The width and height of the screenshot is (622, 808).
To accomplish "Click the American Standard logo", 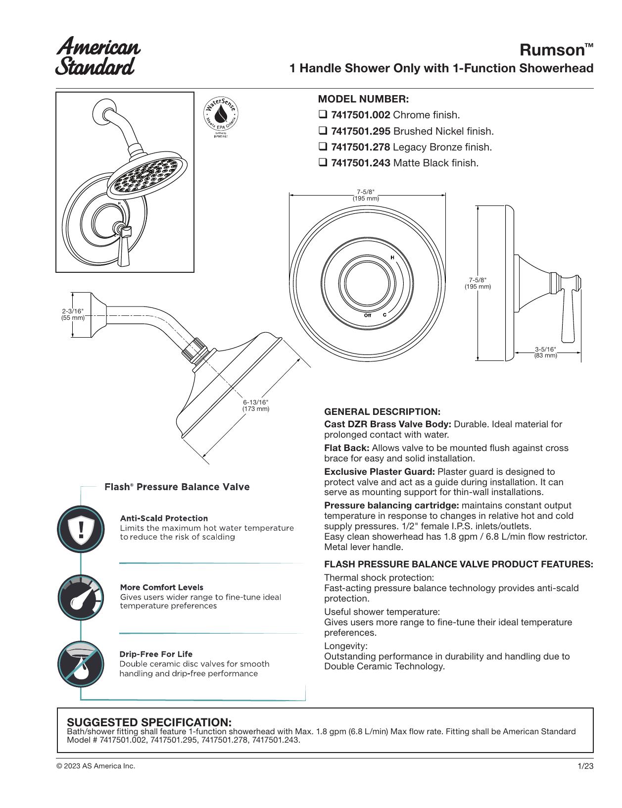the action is pyautogui.click(x=98, y=56).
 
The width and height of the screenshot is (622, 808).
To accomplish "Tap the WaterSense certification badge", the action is pyautogui.click(x=221, y=115).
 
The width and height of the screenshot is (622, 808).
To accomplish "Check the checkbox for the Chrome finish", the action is pyautogui.click(x=323, y=114).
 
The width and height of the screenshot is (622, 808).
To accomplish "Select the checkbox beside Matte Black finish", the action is pyautogui.click(x=323, y=162).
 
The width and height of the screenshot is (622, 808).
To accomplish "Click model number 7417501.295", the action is pyautogui.click(x=360, y=131).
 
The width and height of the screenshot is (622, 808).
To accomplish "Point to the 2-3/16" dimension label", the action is pyautogui.click(x=73, y=314).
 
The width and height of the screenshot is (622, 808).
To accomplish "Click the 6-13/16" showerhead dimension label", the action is pyautogui.click(x=256, y=405).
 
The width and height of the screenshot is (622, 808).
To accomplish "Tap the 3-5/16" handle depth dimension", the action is pyautogui.click(x=545, y=352).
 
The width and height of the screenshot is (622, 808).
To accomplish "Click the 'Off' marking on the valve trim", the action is pyautogui.click(x=368, y=315).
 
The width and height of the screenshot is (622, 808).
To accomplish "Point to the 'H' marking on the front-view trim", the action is pyautogui.click(x=392, y=257).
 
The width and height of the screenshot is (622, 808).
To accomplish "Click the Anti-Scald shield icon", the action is pyautogui.click(x=81, y=529).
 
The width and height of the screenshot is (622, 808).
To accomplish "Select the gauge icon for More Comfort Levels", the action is pyautogui.click(x=81, y=598).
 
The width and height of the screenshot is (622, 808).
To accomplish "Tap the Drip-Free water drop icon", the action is pyautogui.click(x=81, y=664).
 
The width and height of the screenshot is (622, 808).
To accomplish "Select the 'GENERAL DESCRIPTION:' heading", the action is pyautogui.click(x=382, y=411).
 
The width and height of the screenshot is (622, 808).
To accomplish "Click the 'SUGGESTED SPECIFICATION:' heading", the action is pyautogui.click(x=149, y=722).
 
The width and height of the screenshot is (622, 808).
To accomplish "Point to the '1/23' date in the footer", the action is pyautogui.click(x=585, y=766).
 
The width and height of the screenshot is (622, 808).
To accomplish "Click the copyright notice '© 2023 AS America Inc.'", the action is pyautogui.click(x=96, y=766).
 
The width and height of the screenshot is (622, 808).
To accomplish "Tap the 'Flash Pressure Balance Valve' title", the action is pyautogui.click(x=177, y=487).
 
